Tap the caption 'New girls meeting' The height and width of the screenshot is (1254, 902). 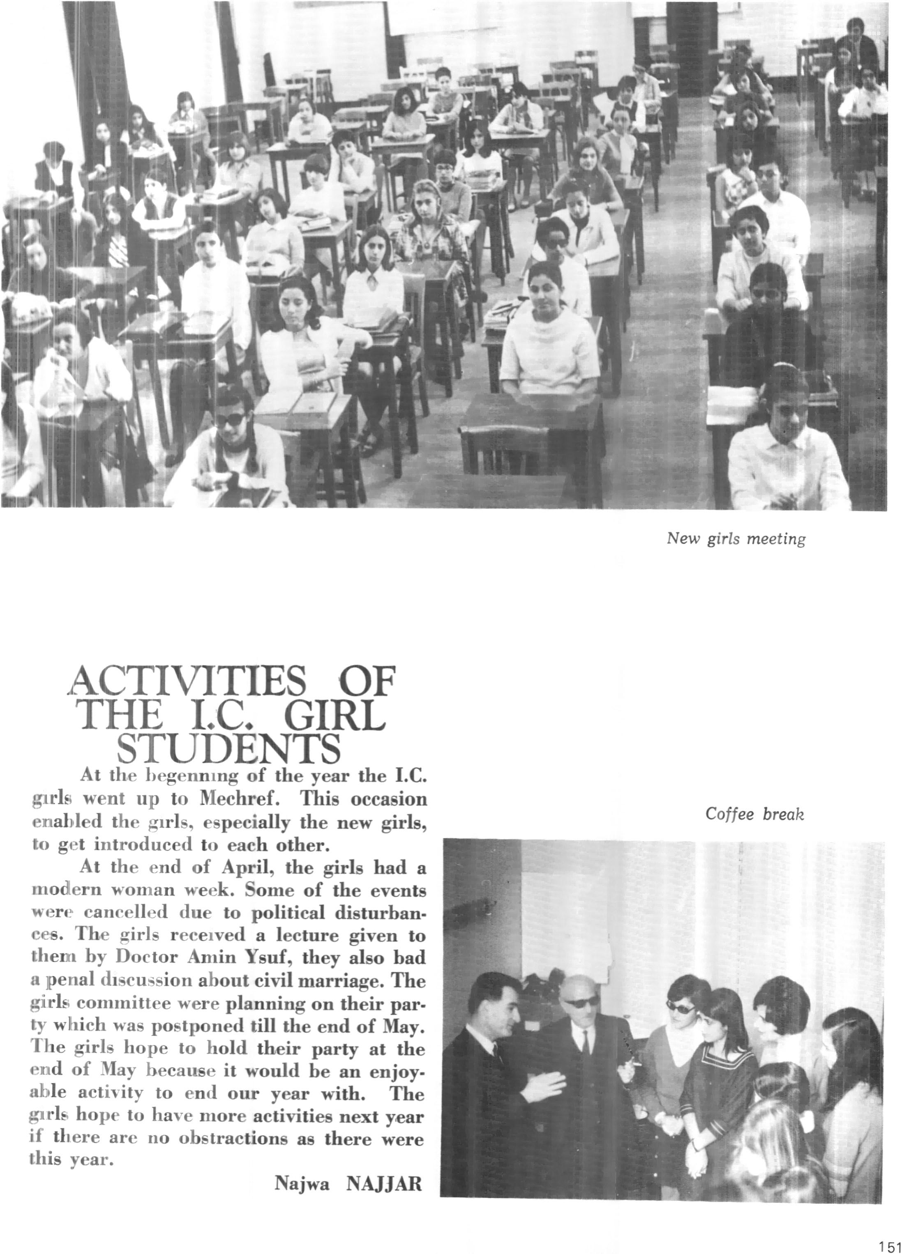(x=736, y=538)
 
